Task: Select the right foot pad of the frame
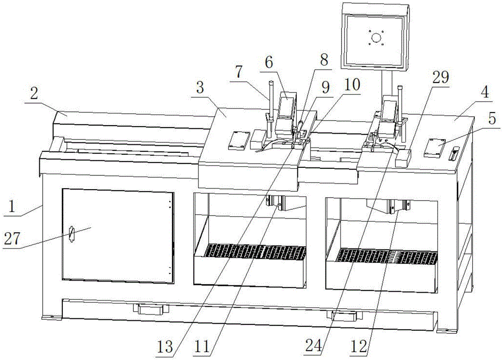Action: [x=445, y=329]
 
